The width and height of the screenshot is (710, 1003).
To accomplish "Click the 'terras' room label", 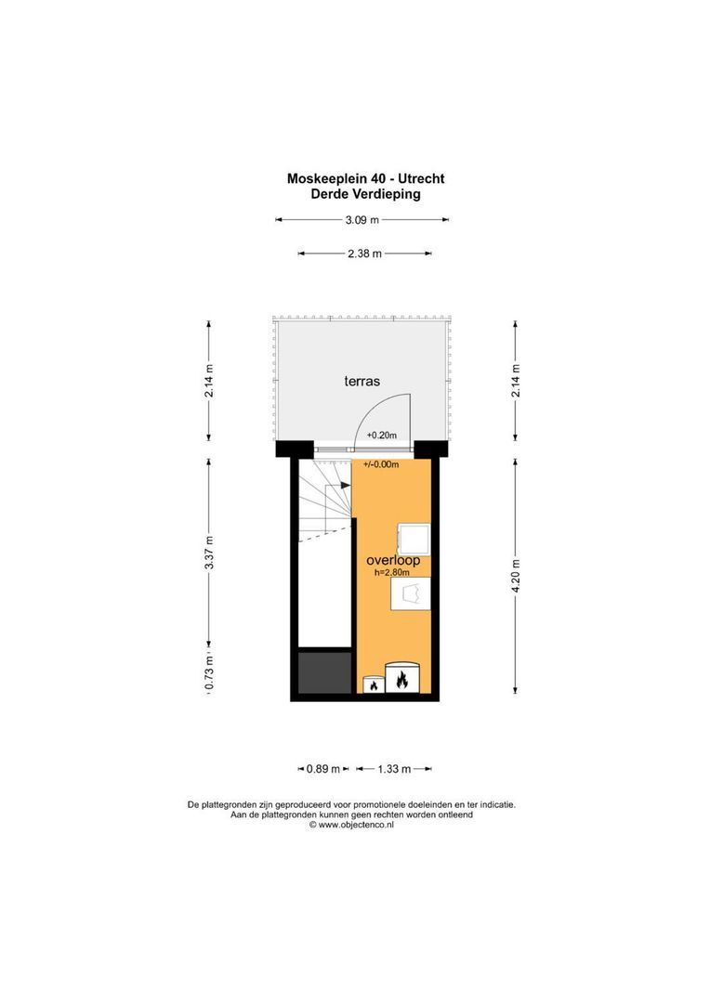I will click(362, 381).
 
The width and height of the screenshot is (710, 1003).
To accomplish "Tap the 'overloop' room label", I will click(393, 560).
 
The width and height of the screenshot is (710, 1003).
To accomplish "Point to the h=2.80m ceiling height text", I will click(392, 573).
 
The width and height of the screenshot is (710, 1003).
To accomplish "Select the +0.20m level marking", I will click(381, 435).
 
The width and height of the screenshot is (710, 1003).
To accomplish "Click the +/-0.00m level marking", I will click(381, 464).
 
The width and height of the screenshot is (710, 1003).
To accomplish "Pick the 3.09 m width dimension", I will click(362, 220).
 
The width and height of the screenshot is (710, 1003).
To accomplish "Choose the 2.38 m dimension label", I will click(364, 253).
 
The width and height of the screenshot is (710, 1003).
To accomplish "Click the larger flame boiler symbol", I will click(402, 679).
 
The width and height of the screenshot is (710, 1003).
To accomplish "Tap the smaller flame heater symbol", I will click(374, 685).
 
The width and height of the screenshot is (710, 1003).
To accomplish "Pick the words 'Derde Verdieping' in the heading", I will click(365, 194).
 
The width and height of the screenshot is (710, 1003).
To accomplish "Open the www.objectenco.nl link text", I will click(357, 824).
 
